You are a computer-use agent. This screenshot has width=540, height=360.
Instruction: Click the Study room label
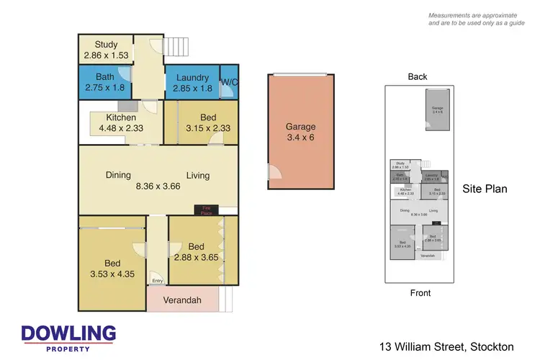[106, 49]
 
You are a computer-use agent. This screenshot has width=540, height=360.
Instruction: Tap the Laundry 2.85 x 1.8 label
[191, 83]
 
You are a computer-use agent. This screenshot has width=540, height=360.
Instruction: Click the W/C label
[229, 82]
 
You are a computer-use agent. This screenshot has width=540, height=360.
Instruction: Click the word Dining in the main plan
[118, 174]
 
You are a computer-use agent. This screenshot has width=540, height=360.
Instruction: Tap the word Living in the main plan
[198, 174]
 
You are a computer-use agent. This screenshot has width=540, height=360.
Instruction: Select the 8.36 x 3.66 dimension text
[158, 186]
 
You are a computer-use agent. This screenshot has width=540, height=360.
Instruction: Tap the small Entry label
[157, 282]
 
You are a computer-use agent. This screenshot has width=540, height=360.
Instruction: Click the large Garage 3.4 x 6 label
[300, 132]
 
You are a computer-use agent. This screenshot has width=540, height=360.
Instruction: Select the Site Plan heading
[485, 189]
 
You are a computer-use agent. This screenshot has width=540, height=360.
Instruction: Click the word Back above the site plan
[418, 77]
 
